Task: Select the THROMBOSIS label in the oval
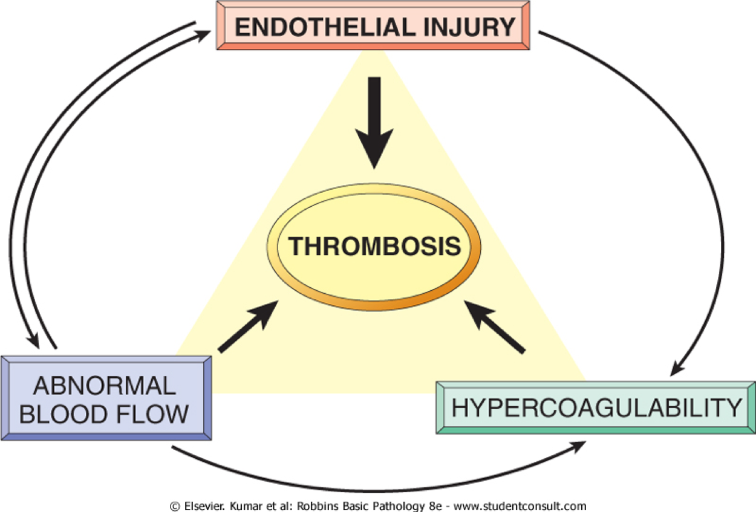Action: point(374,247)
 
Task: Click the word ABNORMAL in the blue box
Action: point(104,385)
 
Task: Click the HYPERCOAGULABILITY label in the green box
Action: point(596,408)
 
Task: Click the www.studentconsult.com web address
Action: point(520,506)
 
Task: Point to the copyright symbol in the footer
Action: point(175,506)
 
